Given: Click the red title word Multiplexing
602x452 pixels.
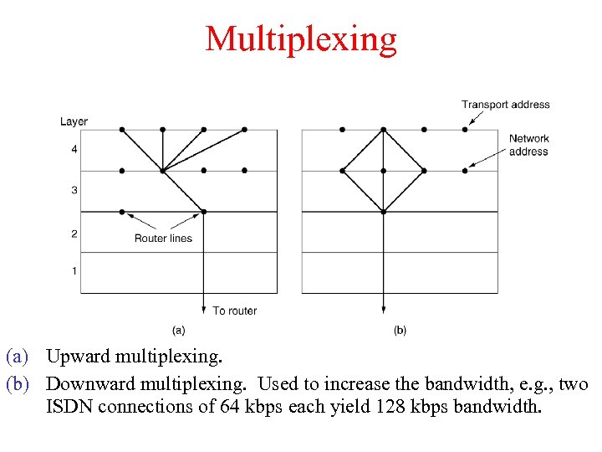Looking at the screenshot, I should pyautogui.click(x=301, y=39).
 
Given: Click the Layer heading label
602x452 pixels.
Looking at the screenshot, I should pyautogui.click(x=74, y=121).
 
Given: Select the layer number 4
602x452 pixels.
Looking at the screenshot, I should pyautogui.click(x=74, y=150).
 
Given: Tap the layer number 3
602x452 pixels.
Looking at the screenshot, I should pyautogui.click(x=74, y=191).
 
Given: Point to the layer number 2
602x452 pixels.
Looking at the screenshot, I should pyautogui.click(x=74, y=234).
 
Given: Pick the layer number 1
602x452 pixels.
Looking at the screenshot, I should pyautogui.click(x=74, y=270).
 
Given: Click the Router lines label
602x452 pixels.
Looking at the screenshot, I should pyautogui.click(x=163, y=239).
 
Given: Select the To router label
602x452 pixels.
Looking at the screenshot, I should pyautogui.click(x=234, y=311).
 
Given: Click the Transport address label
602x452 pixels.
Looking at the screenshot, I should pyautogui.click(x=505, y=105).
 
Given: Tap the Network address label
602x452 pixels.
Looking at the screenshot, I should pyautogui.click(x=528, y=145).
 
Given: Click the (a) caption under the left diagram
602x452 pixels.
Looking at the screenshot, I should pyautogui.click(x=178, y=331).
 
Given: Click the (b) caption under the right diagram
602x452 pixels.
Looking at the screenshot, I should pyautogui.click(x=400, y=331).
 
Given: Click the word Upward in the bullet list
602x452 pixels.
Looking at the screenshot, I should pyautogui.click(x=79, y=357).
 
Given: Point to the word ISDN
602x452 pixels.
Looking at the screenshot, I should pyautogui.click(x=69, y=408).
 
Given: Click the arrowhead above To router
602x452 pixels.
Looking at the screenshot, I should pyautogui.click(x=204, y=307).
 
